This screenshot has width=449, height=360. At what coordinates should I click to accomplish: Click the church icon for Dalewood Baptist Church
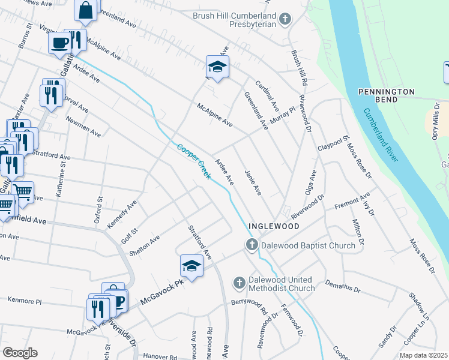coord(252,245)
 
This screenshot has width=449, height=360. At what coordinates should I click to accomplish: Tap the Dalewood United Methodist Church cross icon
coord(239,283)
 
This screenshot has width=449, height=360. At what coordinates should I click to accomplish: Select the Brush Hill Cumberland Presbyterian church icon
coord(285,19)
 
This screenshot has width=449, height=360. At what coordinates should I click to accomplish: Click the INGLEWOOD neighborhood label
coord(276,227)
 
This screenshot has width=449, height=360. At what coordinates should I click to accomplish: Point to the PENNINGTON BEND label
coord(387,95)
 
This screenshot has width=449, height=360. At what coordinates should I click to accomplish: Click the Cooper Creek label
coord(194,161)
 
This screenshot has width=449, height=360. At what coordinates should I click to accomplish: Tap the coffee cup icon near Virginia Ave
coord(59,43)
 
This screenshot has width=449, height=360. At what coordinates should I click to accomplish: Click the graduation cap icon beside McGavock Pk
coord(191,266)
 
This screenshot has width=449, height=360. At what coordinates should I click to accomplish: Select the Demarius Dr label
coord(342,284)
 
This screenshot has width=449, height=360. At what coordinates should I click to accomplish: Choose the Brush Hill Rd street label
coord(299,67)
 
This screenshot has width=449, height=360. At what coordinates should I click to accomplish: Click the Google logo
coord(20,353)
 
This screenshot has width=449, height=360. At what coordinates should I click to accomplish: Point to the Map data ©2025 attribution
coord(423,355)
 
